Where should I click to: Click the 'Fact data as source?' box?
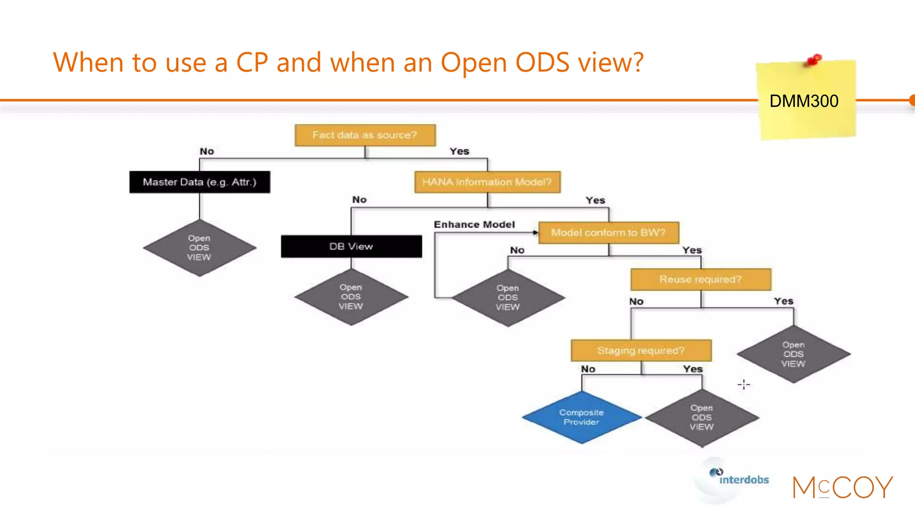click(x=365, y=135)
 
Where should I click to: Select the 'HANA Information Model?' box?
click(x=487, y=182)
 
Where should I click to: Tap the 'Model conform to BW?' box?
click(x=609, y=232)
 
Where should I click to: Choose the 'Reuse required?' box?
click(x=701, y=279)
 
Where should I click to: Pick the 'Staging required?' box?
click(x=641, y=350)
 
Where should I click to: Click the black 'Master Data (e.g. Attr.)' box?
click(x=200, y=182)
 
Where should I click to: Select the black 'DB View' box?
click(x=351, y=246)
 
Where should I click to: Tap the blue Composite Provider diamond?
click(x=581, y=417)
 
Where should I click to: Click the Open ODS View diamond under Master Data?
click(x=199, y=248)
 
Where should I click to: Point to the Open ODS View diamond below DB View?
click(x=351, y=297)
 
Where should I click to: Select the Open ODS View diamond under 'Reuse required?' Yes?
click(x=793, y=354)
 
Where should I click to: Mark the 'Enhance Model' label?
click(x=474, y=224)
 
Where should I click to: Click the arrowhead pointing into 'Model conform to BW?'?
click(x=535, y=232)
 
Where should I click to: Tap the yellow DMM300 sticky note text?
click(x=804, y=101)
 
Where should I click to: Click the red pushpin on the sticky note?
click(x=815, y=59)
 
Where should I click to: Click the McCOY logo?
click(x=843, y=487)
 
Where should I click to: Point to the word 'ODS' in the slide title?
click(x=542, y=62)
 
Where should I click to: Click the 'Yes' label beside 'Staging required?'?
click(x=693, y=369)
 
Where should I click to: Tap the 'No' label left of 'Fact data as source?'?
click(x=207, y=152)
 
